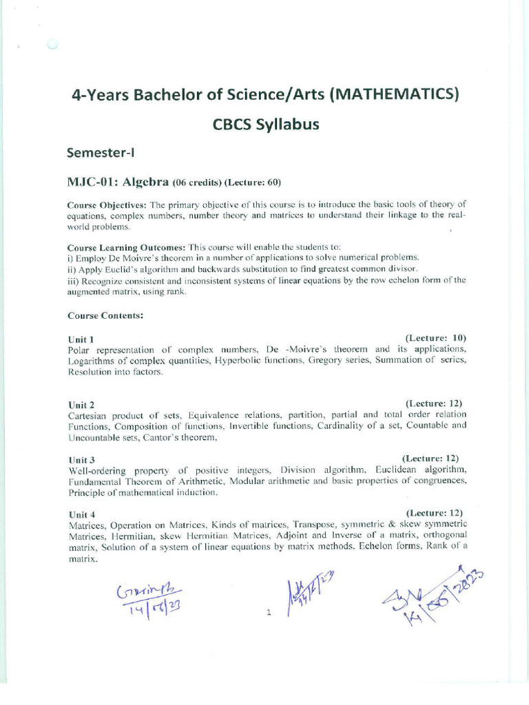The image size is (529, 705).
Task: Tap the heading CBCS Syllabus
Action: [266, 125]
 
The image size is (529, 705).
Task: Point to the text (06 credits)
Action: [197, 183]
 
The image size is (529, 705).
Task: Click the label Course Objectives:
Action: [107, 205]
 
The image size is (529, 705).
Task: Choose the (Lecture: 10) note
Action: [436, 338]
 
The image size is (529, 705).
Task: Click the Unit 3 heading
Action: [81, 459]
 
